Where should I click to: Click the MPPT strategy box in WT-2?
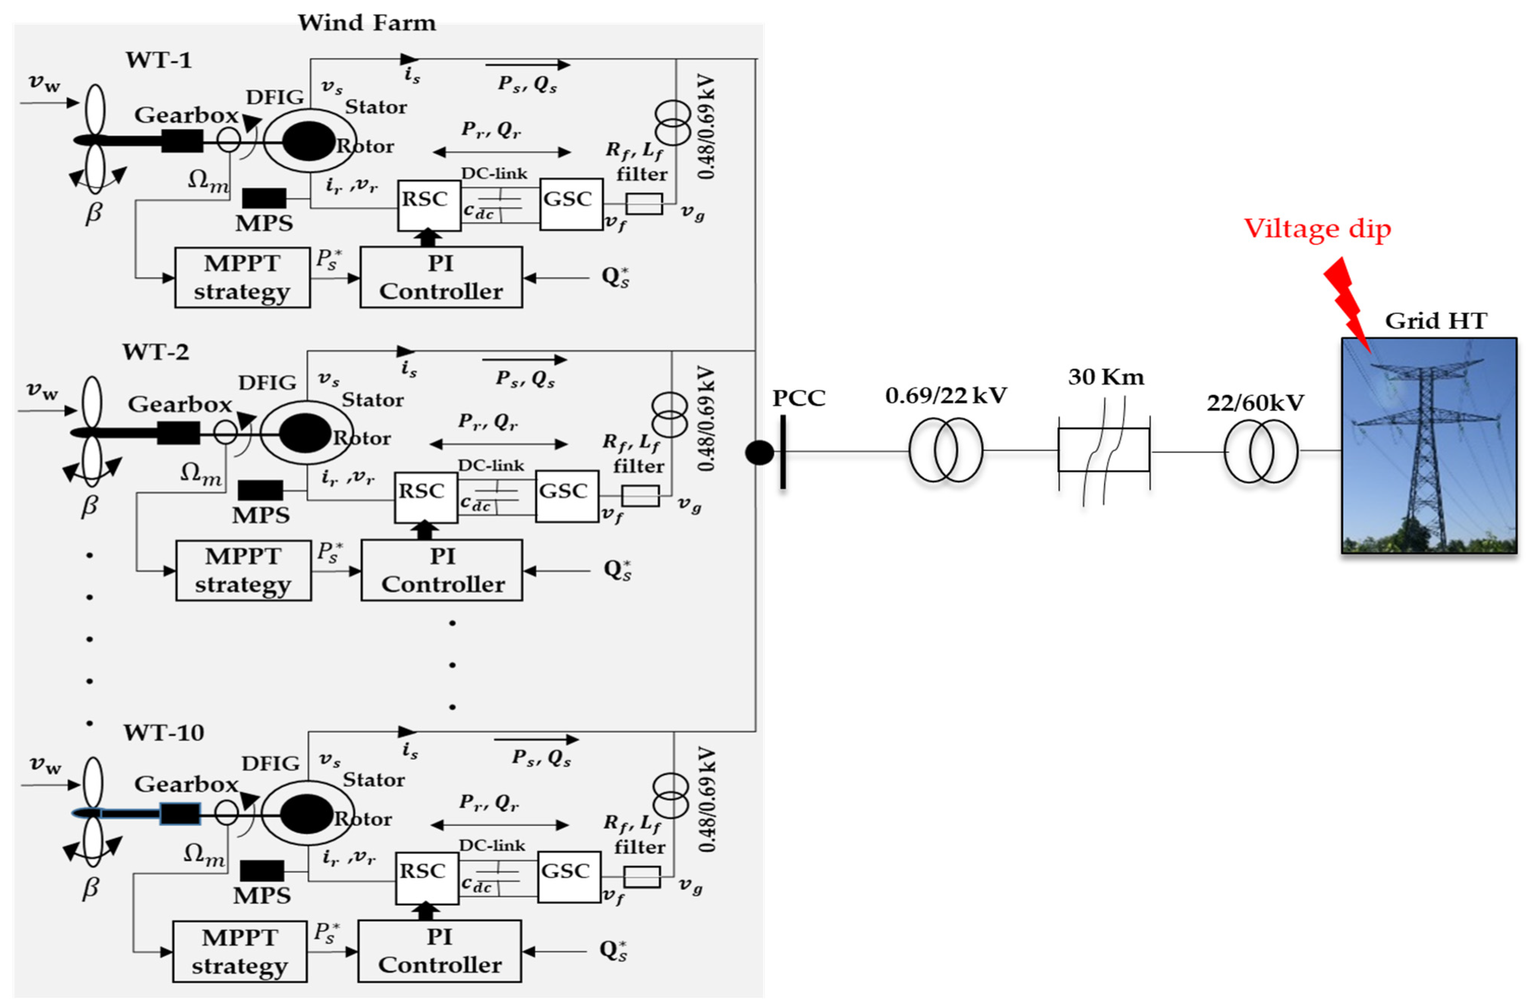coord(243,570)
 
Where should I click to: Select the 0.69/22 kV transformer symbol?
coord(945,451)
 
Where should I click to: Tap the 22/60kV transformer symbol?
coord(1260,451)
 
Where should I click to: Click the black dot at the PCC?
coord(759,453)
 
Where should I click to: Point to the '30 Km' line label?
coord(1105,377)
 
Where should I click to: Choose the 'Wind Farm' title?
coord(366,23)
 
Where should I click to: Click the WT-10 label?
coord(164,733)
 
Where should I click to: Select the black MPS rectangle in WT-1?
coord(264,198)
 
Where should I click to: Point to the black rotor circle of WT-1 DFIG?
coord(308,141)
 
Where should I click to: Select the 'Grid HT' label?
coord(1436,321)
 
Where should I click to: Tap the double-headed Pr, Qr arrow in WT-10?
coord(499,825)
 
